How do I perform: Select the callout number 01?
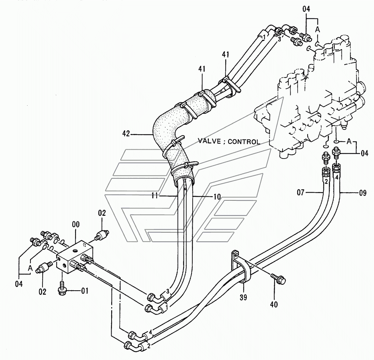click(x=85, y=292)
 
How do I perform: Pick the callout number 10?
click(x=217, y=197)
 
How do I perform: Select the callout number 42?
click(x=126, y=134)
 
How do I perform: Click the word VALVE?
click(x=208, y=141)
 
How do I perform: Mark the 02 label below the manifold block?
click(x=43, y=292)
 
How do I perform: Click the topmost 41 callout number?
click(x=225, y=55)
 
